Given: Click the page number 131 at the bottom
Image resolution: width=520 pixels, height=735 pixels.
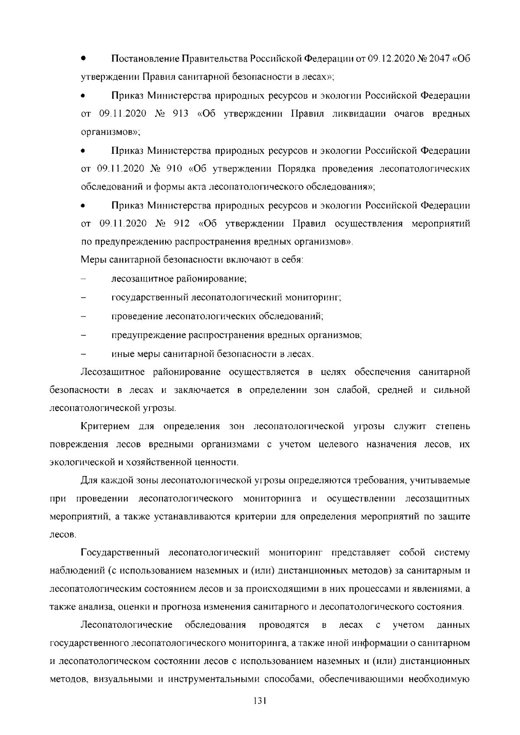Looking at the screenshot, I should [x=260, y=713].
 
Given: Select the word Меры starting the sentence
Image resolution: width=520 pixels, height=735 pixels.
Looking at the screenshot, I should [x=93, y=260].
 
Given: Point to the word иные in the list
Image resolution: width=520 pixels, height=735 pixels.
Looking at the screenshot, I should [x=122, y=354].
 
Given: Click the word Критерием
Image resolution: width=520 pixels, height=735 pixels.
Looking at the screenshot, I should [x=105, y=427].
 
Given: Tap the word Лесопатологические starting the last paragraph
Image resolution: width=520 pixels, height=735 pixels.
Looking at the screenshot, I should [x=127, y=625].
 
